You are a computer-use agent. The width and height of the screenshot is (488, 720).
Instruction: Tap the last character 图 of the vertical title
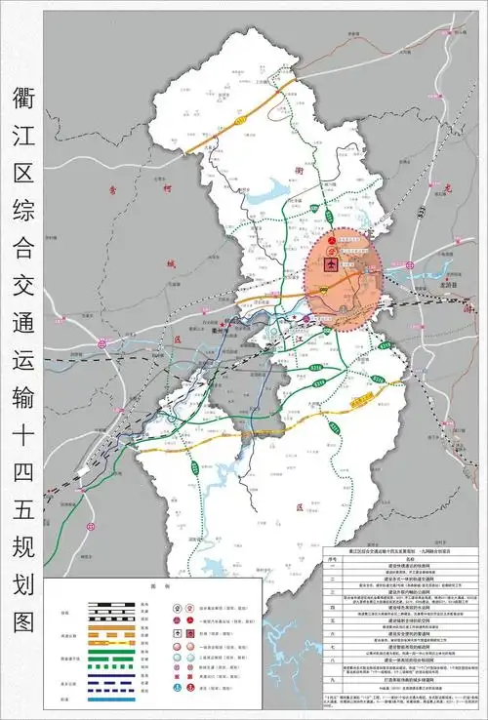coord(24,620)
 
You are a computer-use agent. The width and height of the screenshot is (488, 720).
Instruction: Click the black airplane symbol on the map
coord(332,264)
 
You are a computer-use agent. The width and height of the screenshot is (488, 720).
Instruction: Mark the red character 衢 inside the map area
coord(300,168)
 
